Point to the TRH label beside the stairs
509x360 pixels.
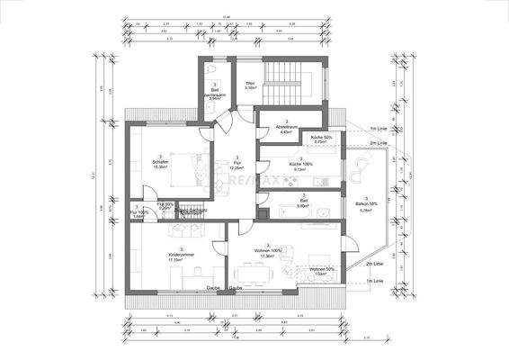[x=249, y=85]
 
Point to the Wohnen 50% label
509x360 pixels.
[x=322, y=271]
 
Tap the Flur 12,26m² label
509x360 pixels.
[x=237, y=166]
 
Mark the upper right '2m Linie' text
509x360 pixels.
[x=379, y=143]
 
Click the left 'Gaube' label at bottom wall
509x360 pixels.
[x=213, y=288]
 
